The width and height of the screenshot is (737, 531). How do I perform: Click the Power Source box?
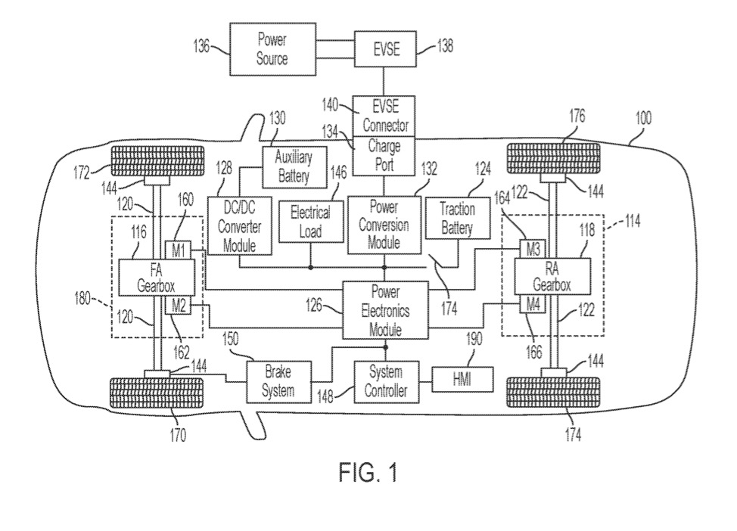(271, 50)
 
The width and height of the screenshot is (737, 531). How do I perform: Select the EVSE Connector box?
(384, 116)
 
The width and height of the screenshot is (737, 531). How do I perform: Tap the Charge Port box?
(384, 154)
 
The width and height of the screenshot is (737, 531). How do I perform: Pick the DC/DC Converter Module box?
(238, 225)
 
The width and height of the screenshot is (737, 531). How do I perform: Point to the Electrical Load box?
(310, 220)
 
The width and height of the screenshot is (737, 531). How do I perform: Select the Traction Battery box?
(456, 220)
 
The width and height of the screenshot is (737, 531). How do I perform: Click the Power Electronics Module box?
(385, 309)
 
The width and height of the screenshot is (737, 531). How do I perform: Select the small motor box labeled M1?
(178, 250)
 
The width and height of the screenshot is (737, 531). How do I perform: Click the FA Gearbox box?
(156, 278)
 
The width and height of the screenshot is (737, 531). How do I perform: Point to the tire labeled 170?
(160, 393)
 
